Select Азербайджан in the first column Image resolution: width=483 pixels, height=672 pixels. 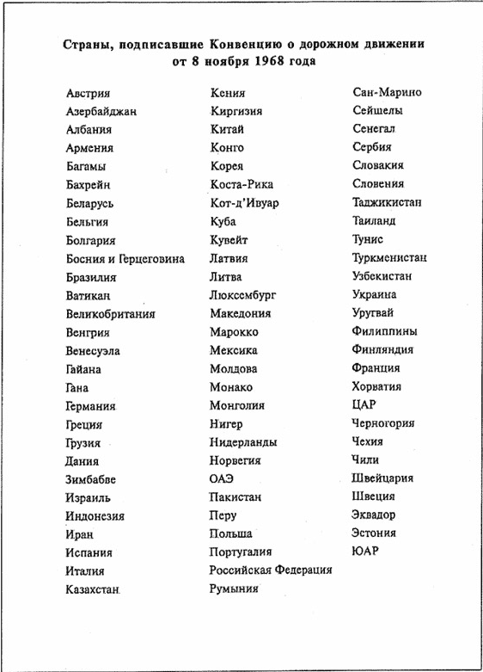point(101,112)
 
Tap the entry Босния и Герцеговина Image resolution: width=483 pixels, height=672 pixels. point(125,259)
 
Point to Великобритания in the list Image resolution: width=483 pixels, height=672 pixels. point(110,314)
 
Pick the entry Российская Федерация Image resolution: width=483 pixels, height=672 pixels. point(271,570)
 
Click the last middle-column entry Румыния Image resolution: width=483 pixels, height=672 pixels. point(234,589)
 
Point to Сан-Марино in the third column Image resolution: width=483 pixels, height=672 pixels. point(387,92)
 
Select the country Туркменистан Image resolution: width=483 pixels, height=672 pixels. point(389,257)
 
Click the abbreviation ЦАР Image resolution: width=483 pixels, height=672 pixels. point(364,404)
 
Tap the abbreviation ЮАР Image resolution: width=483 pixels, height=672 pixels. point(364,552)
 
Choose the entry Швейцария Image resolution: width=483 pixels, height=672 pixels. point(382,478)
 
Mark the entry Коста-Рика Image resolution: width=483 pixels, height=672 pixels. point(241,185)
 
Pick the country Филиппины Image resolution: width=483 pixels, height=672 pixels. point(385,331)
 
